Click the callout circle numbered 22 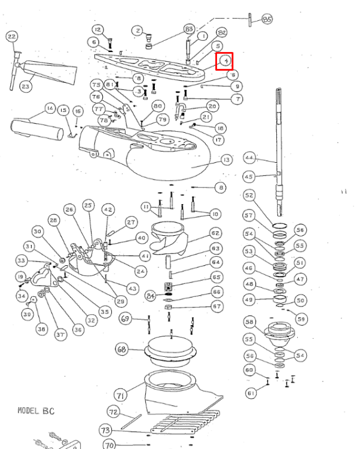[11, 37]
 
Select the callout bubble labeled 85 [267, 20]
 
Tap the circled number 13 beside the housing [225, 160]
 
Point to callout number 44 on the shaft [249, 158]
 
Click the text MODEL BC [36, 411]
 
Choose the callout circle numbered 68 [122, 348]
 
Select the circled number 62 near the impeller [215, 232]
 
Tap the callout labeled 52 [249, 196]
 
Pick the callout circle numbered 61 [250, 393]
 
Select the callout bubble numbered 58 [249, 322]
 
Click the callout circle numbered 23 [26, 87]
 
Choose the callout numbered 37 [60, 335]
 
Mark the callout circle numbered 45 [249, 177]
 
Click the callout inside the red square [225, 60]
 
